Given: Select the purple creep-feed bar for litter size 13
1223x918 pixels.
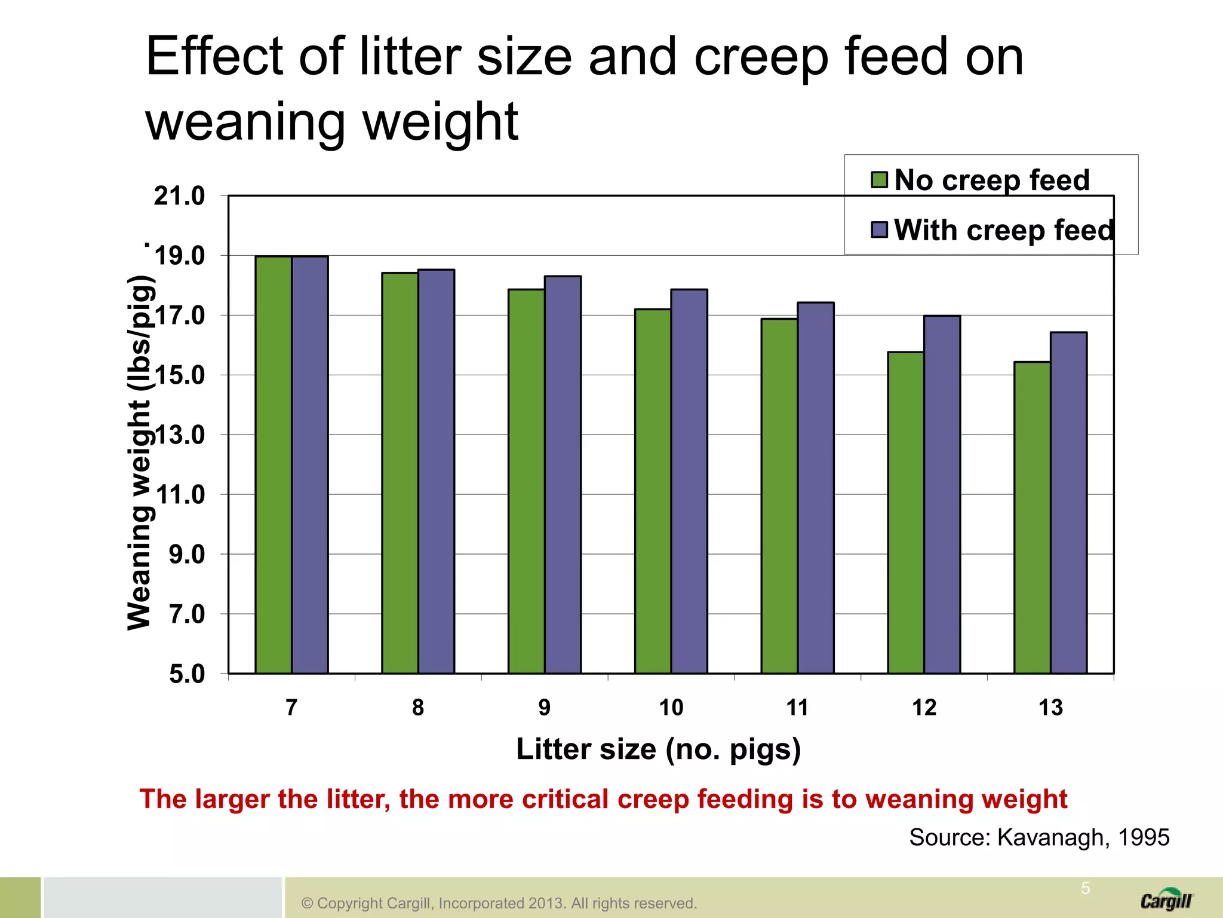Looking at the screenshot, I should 1068,503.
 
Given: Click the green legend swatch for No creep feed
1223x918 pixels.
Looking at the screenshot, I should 879,179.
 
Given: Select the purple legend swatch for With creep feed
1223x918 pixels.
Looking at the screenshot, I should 879,229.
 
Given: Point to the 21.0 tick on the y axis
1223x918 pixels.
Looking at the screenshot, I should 179,196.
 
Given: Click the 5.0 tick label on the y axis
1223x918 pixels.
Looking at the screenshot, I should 187,674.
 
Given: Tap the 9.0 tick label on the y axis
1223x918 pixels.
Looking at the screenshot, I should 187,555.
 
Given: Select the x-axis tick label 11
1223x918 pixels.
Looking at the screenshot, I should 797,708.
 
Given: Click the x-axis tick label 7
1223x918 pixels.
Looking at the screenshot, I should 291,708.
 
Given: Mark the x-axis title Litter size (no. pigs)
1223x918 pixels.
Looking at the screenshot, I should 658,749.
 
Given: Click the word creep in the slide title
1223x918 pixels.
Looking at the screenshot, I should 761,59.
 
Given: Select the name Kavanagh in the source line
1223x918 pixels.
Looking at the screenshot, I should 1053,837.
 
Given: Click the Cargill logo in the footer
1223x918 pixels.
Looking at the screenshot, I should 1166,900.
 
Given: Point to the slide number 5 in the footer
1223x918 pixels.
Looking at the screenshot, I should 1085,888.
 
